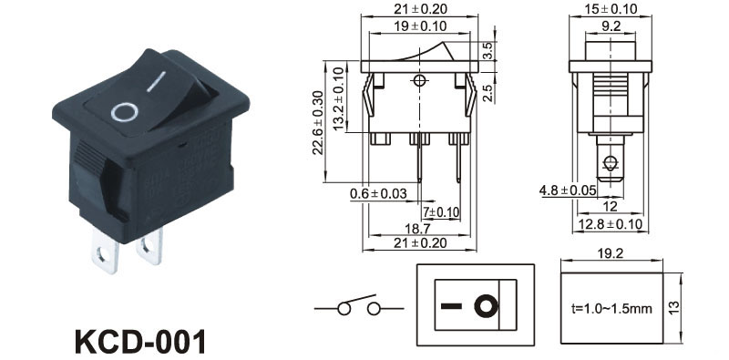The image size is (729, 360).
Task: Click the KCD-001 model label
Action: click(140, 343)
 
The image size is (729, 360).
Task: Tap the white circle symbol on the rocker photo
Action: click(125, 113)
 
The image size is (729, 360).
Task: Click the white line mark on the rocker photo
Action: click(156, 81)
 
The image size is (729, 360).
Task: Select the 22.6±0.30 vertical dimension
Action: click(318, 123)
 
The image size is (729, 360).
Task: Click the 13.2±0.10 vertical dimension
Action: click(339, 98)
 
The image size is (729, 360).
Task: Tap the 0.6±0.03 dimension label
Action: click(378, 193)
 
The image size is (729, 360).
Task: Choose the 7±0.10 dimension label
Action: click(441, 212)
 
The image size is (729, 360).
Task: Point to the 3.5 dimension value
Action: click(488, 51)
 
